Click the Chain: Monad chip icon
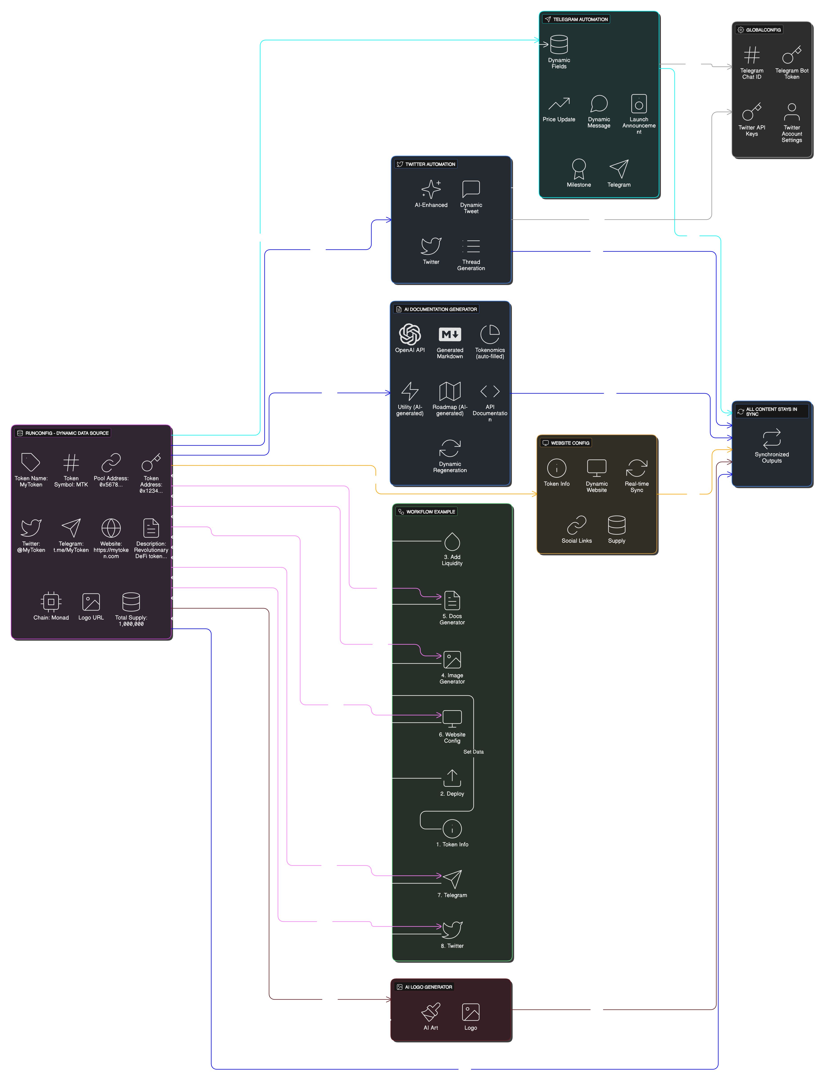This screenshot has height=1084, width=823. (51, 602)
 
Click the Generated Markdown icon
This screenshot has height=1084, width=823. (450, 335)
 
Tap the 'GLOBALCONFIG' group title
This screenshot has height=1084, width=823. (763, 30)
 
